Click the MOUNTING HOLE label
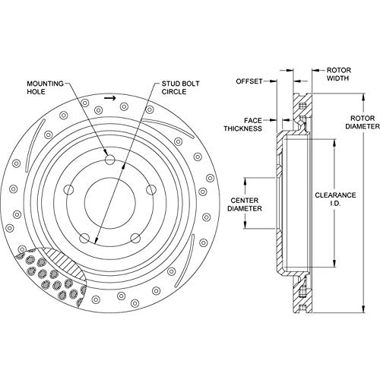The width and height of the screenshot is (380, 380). point(46,87)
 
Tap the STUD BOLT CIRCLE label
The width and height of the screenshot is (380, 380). point(180,87)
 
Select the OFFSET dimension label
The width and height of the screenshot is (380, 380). point(249,81)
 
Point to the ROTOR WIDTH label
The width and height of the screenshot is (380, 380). point(339,74)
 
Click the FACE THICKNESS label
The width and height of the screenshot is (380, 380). point(242,125)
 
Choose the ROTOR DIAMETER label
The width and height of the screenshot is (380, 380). point(363,122)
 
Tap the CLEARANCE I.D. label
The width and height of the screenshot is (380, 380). point(335,199)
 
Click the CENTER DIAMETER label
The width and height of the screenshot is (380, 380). point(245,204)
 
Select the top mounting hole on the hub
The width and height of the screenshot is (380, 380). point(110,160)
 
